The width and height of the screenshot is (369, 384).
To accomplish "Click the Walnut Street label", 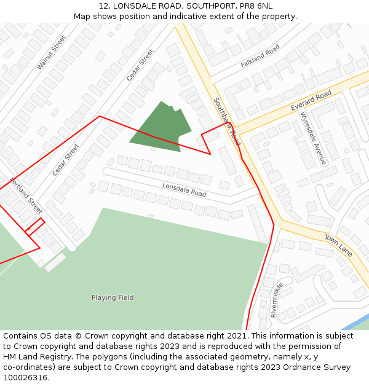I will pyautogui.click(x=51, y=52).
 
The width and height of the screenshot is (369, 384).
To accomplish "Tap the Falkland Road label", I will pyautogui.click(x=260, y=55).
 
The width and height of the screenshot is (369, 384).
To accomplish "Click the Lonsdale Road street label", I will pyautogui.click(x=184, y=189).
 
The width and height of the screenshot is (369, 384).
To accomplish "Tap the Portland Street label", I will pyautogui.click(x=26, y=195).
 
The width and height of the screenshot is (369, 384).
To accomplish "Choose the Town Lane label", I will pyautogui.click(x=338, y=244).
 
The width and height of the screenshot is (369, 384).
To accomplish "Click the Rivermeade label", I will pyautogui.click(x=276, y=300).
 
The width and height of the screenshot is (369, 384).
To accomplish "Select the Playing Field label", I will pyautogui.click(x=113, y=298).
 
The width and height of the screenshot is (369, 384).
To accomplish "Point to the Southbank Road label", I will pyautogui.click(x=227, y=121).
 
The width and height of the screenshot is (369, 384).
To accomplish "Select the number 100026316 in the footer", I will pyautogui.click(x=25, y=378).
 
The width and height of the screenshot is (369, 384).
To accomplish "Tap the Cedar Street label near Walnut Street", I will pyautogui.click(x=140, y=65).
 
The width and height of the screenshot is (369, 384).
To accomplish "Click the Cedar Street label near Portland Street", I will pyautogui.click(x=66, y=160).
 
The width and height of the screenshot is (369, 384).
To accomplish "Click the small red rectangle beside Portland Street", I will pyautogui.click(x=35, y=225).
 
